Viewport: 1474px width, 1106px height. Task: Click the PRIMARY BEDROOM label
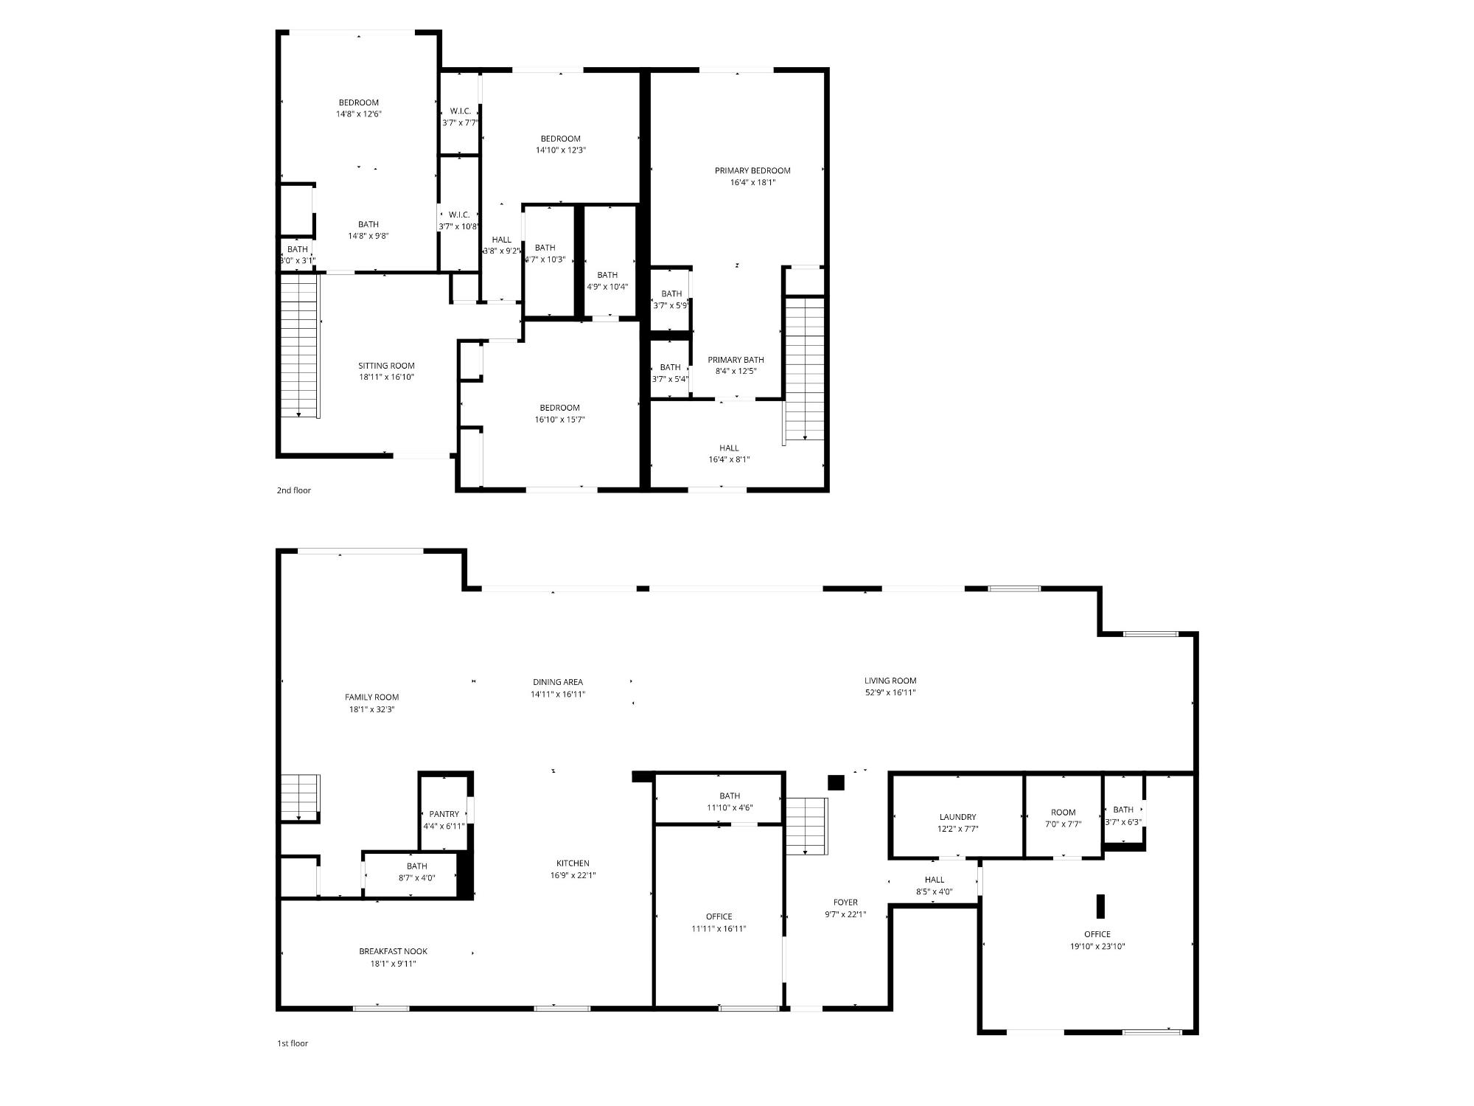point(752,171)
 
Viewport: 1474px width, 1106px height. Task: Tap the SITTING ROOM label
point(386,366)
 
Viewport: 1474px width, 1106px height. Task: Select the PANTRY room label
point(444,814)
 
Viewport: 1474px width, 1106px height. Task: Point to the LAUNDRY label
point(957,817)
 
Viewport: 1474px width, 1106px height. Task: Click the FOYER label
point(845,902)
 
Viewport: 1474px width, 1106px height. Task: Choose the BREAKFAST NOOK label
point(393,951)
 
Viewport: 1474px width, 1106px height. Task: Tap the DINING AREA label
point(558,682)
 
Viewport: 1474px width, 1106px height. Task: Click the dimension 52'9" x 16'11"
point(890,693)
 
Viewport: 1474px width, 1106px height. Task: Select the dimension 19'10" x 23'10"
point(1097,947)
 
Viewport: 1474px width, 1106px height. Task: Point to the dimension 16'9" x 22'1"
point(573,876)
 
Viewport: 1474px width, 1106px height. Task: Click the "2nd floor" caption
point(293,490)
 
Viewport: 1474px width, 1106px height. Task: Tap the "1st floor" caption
point(293,1043)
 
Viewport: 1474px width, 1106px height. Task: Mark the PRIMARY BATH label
point(736,360)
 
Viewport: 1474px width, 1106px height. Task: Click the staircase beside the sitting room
point(299,346)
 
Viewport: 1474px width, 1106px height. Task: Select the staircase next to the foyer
point(806,826)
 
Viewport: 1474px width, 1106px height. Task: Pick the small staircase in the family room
point(300,797)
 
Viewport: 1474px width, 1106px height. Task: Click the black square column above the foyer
point(836,782)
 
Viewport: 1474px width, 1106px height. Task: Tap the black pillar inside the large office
point(1101,906)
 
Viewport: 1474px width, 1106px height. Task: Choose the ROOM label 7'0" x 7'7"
point(1063,813)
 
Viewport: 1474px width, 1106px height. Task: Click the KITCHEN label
point(573,863)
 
